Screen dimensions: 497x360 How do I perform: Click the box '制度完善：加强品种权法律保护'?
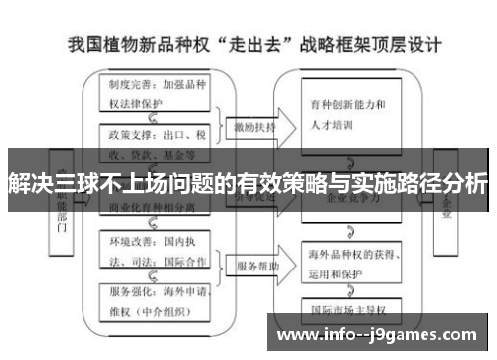pyautogui.click(x=157, y=92)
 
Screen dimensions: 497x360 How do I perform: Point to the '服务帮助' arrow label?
pyautogui.click(x=256, y=267)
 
